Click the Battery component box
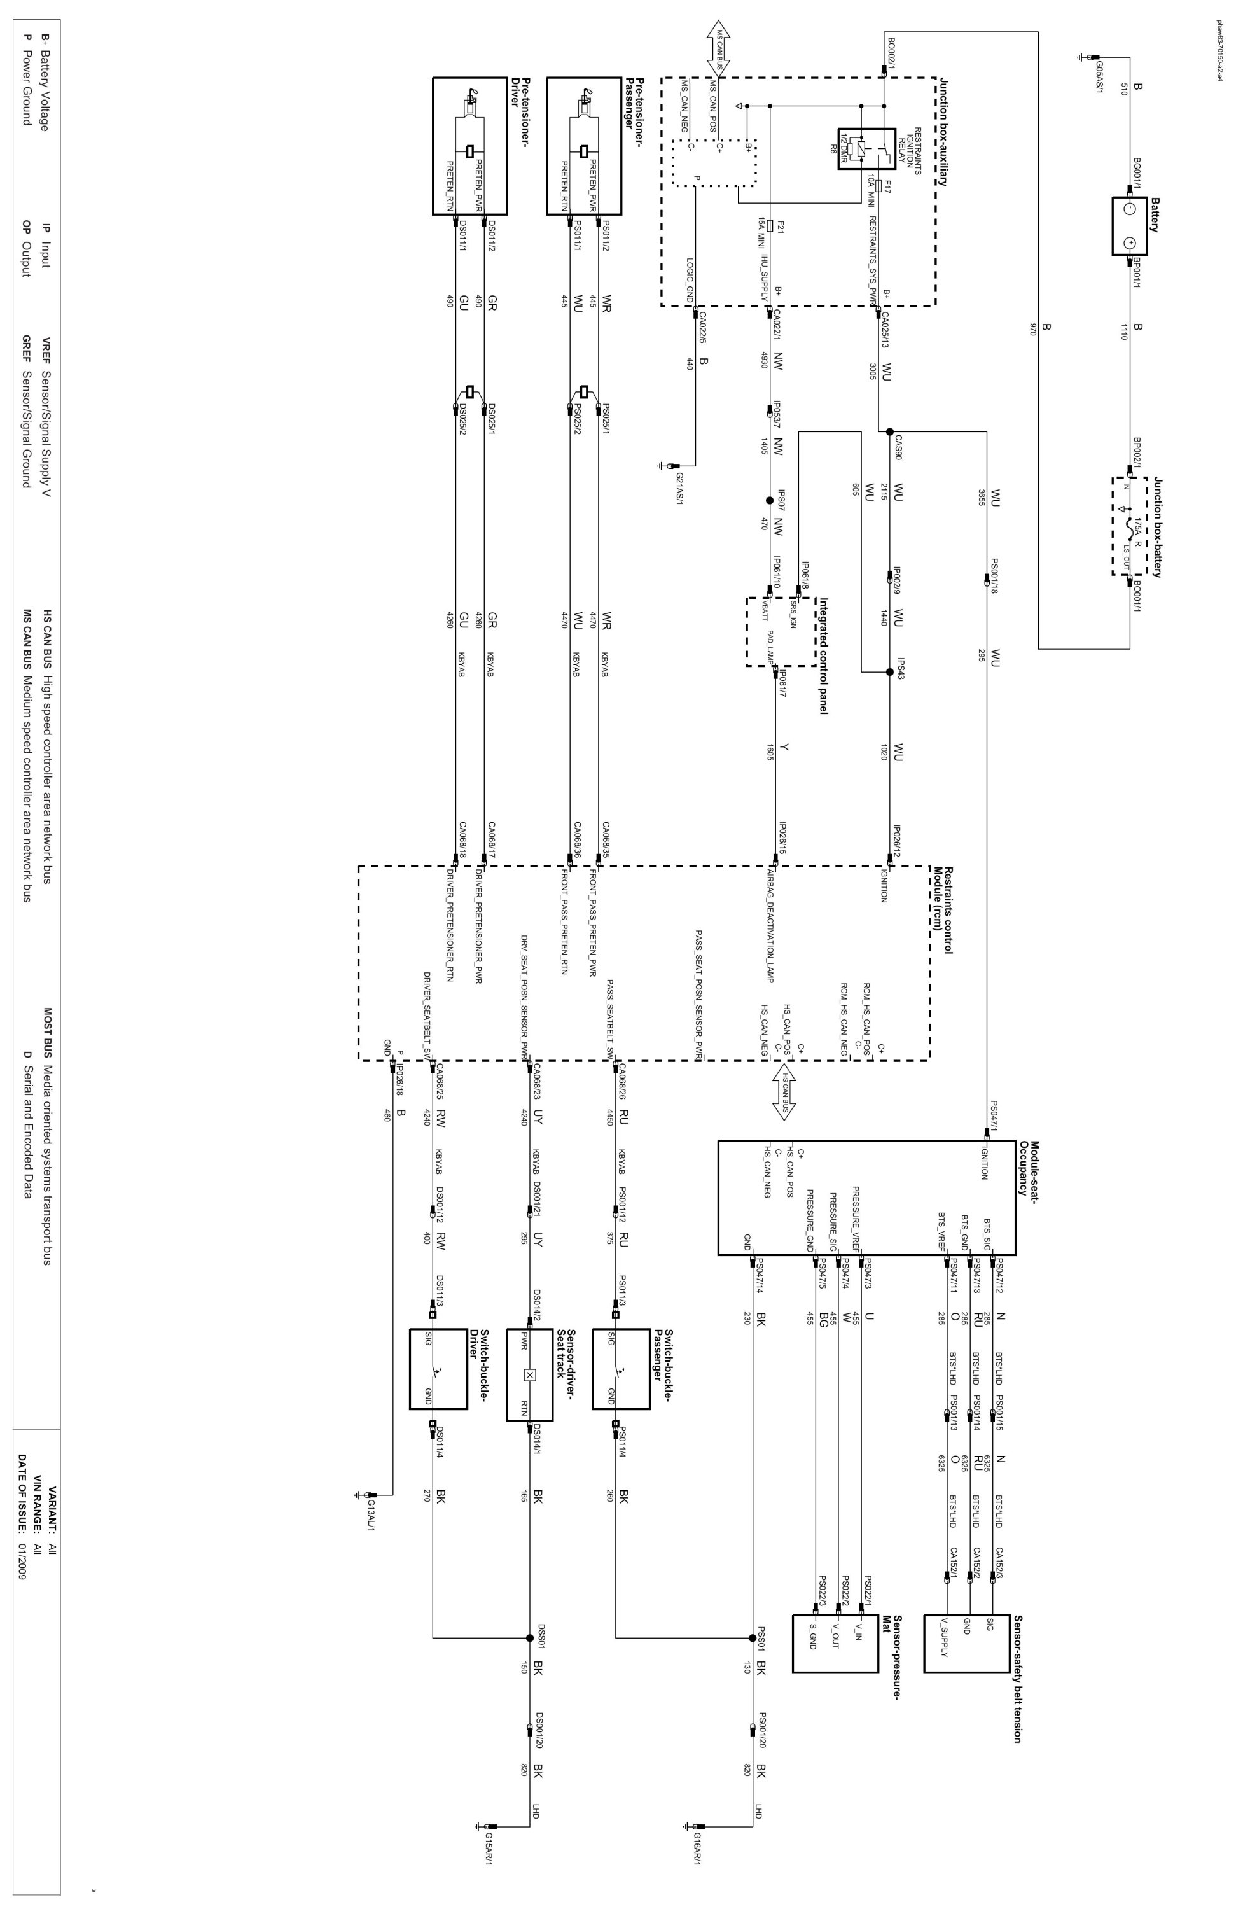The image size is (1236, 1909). (x=1128, y=225)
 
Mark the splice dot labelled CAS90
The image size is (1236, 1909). (x=889, y=431)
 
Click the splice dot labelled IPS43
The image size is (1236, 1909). (x=889, y=672)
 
